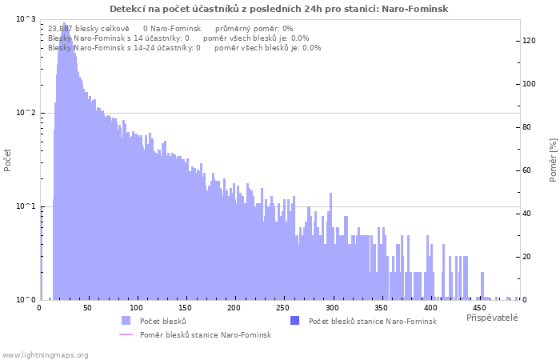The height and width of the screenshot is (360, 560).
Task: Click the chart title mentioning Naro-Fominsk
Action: [x=278, y=9]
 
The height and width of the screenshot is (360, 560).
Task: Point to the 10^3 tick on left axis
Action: [x=26, y=19]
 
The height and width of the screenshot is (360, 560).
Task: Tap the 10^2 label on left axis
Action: [x=26, y=113]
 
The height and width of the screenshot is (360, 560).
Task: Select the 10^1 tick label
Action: [x=26, y=206]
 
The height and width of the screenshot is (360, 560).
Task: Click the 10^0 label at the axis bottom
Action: [x=26, y=300]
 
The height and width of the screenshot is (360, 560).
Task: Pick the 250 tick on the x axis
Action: [x=283, y=308]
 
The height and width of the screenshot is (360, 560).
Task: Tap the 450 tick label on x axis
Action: [x=479, y=308]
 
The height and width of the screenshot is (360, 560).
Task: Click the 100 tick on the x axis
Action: [x=137, y=308]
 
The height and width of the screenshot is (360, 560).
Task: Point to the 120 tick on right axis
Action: [x=530, y=41]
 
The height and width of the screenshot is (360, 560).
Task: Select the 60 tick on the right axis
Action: [x=527, y=170]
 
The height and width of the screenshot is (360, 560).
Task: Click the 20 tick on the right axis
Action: [x=527, y=257]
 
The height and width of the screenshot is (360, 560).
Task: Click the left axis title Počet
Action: [x=7, y=160]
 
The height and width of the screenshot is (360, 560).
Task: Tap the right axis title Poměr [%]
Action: [x=554, y=160]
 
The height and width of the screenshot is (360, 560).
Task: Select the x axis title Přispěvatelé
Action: [x=492, y=318]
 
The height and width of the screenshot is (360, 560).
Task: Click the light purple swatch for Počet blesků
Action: [x=126, y=320]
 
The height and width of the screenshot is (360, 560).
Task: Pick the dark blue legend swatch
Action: [x=294, y=320]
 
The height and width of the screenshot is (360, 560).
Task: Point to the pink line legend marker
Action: [x=126, y=334]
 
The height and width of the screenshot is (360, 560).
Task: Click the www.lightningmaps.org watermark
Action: [x=45, y=355]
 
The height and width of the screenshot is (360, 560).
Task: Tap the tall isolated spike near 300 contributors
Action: [x=330, y=246]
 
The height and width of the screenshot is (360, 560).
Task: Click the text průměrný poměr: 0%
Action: [x=254, y=29]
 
